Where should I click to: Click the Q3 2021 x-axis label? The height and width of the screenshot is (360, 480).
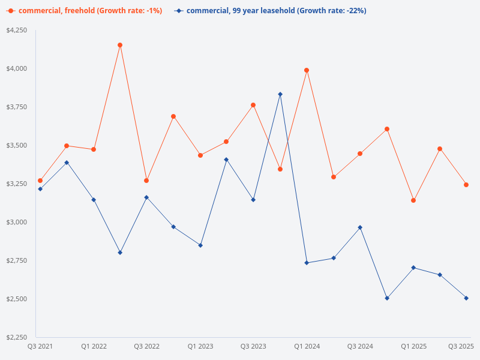coord(40,346)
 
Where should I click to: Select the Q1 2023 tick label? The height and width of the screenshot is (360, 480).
coord(200,346)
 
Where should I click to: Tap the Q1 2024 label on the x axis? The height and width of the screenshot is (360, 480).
coord(307,346)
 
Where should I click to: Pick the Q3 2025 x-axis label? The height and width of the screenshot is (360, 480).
coord(461,346)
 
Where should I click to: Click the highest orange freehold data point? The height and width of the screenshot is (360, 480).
coord(120,45)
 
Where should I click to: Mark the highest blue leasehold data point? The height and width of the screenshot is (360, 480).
coord(280,94)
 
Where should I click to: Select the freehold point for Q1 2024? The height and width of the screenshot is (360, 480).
coord(307,70)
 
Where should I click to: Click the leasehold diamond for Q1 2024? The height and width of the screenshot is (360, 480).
coord(307,263)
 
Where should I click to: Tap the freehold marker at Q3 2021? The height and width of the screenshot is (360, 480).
coord(40,181)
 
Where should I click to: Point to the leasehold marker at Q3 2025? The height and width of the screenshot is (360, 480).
coord(466,298)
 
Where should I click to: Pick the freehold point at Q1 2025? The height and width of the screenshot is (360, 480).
coord(413,200)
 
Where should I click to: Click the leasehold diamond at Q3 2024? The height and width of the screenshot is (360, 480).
coord(360,227)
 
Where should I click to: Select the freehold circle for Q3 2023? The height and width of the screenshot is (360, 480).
coord(253,105)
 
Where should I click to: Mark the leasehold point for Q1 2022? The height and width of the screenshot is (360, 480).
coord(94,200)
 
